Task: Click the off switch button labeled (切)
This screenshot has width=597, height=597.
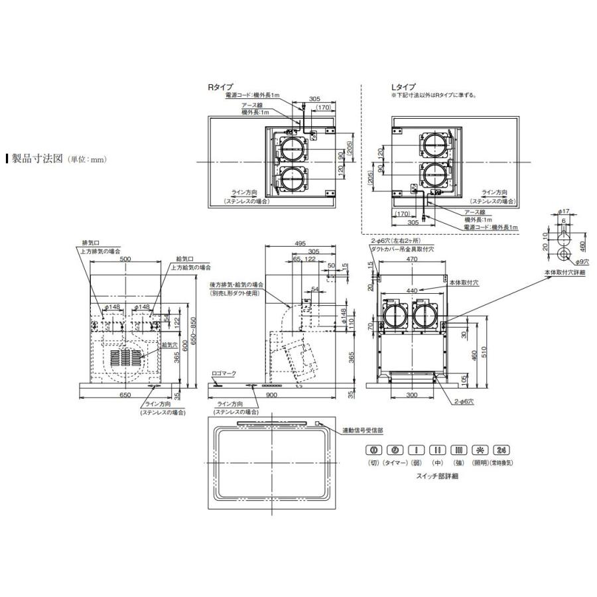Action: (x=373, y=449)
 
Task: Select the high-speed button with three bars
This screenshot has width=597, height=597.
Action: (x=460, y=449)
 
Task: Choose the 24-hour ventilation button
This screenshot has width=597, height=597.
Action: (x=502, y=449)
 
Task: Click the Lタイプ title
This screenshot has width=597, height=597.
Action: (x=403, y=87)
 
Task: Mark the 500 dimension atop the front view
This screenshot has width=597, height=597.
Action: (x=125, y=261)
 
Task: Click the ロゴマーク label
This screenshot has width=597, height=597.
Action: (x=223, y=374)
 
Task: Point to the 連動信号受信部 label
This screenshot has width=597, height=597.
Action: (x=362, y=430)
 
